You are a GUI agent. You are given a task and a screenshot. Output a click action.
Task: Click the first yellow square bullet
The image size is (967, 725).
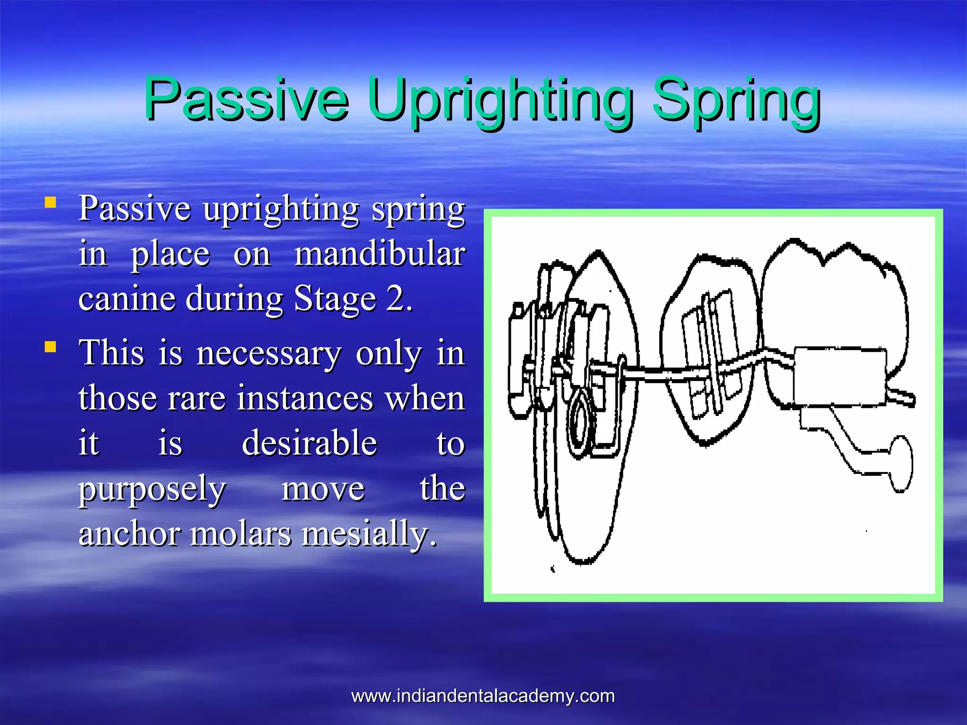click(x=50, y=203)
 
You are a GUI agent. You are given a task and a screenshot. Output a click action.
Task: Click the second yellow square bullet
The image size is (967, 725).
click(x=50, y=347)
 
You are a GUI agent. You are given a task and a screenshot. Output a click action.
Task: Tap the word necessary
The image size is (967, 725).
click(x=269, y=354)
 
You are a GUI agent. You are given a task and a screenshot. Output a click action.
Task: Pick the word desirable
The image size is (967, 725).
click(x=309, y=444)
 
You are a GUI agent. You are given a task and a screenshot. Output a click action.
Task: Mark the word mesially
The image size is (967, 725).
click(x=368, y=534)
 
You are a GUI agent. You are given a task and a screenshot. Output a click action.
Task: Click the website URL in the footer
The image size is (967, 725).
click(x=483, y=696)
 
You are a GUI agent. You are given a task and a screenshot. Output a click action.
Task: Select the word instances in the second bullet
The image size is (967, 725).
click(x=305, y=398)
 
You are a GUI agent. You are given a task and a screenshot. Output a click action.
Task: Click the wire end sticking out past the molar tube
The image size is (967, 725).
click(x=902, y=396)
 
